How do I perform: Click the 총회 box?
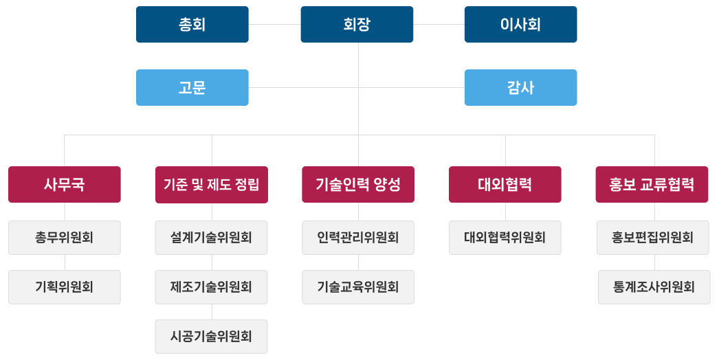click(192, 25)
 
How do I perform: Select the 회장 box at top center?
click(357, 25)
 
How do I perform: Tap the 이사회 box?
click(520, 25)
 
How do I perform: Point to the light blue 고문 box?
click(192, 87)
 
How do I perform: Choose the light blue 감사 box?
click(520, 87)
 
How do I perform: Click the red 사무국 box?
click(65, 184)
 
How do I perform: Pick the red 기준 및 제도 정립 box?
click(211, 184)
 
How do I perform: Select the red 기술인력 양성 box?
click(358, 184)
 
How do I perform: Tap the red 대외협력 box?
click(505, 184)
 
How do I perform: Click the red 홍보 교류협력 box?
click(652, 184)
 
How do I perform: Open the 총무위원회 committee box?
click(65, 238)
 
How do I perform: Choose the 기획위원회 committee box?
click(65, 287)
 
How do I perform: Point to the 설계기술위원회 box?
click(211, 238)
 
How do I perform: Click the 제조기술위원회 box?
click(211, 287)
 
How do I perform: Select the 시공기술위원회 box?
click(211, 337)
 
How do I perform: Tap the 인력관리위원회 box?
click(358, 238)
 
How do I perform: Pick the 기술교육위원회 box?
click(358, 287)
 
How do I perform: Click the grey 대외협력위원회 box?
click(505, 238)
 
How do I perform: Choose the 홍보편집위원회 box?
click(653, 238)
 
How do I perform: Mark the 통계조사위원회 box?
click(654, 287)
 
